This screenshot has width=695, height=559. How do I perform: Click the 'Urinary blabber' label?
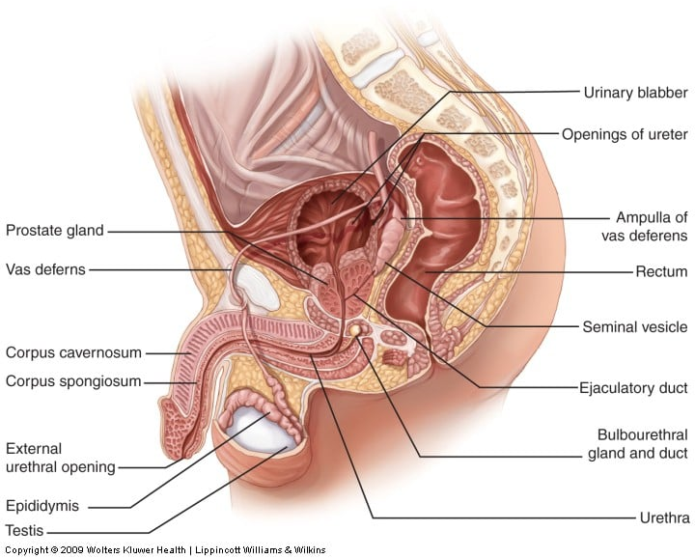coord(635,93)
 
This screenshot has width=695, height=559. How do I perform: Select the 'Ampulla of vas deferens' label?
coord(651,226)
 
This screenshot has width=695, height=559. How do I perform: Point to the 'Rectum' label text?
coord(661,272)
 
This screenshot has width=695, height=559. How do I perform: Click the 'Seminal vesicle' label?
coord(634,327)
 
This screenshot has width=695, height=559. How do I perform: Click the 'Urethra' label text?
coord(664,517)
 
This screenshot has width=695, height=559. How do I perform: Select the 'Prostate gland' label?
coord(54,231)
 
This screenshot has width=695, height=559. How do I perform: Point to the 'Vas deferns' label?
coord(45,269)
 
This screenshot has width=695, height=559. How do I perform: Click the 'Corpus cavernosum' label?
coord(73,352)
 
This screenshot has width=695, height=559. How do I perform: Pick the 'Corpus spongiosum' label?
coord(73,381)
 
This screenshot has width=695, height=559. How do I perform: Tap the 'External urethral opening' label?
coord(60,458)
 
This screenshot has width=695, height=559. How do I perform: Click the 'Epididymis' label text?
coord(42,505)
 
